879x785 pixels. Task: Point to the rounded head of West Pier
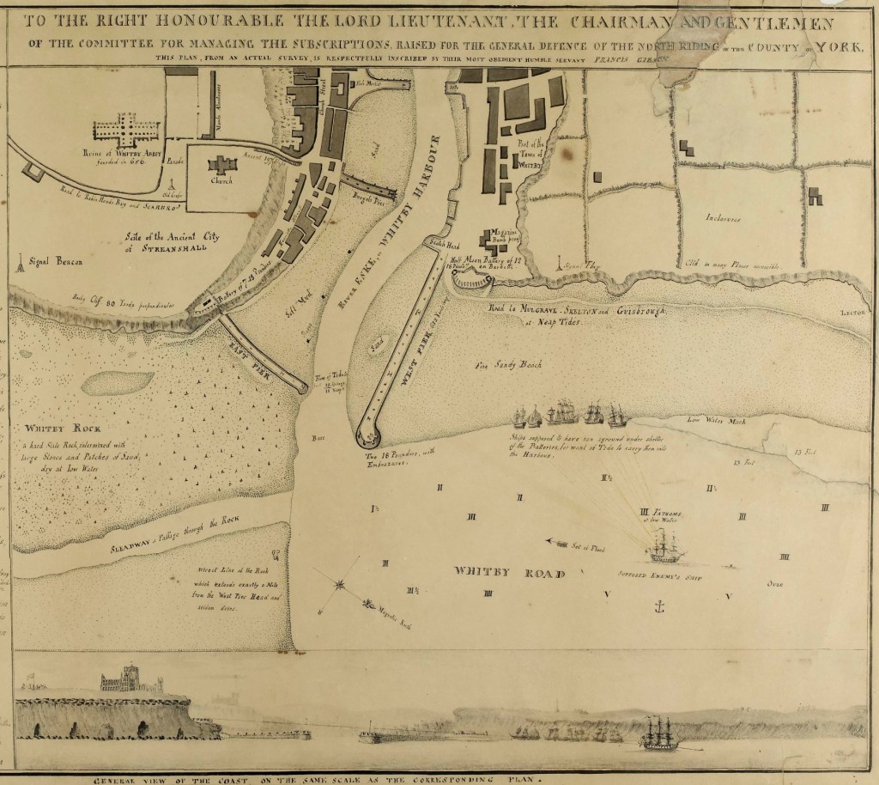click(x=370, y=435)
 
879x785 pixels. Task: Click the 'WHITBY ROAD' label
click(x=496, y=573)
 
